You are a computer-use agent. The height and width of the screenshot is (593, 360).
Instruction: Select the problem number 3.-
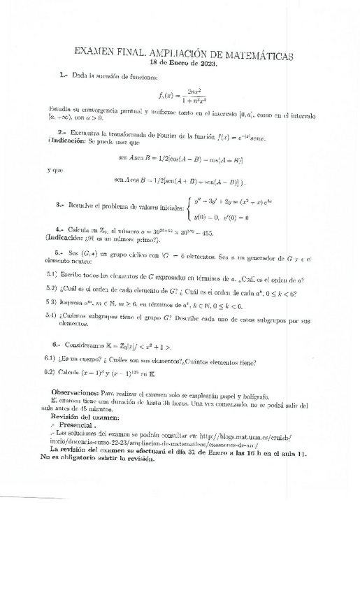pos(60,205)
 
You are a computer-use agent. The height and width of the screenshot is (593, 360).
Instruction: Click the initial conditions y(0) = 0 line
pos(223,218)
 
